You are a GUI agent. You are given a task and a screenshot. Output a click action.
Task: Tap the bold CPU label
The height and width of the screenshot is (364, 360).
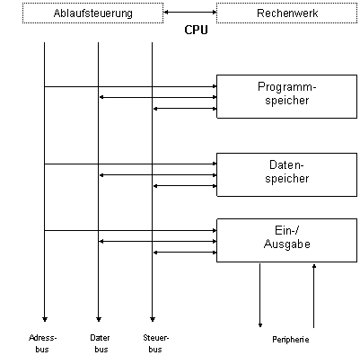coord(196,30)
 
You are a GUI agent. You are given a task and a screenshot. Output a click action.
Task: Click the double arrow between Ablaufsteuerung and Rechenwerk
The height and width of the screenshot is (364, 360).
coord(190,13)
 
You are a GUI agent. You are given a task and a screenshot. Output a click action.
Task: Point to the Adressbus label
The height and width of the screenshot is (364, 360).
coord(42,343)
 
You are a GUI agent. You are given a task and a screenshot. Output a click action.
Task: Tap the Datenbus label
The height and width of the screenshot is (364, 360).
coord(100,343)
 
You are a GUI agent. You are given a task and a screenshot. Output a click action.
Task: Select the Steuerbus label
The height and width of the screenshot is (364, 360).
coord(156,343)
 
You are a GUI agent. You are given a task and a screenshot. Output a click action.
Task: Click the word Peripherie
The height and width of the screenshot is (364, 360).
coord(291,340)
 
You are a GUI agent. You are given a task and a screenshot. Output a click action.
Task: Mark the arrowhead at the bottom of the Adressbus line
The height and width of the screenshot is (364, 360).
coord(45,319)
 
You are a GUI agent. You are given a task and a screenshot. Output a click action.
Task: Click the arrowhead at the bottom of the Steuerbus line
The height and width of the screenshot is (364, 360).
coord(153,319)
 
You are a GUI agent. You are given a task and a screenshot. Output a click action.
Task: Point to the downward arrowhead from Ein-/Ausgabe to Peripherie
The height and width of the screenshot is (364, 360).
coord(260,325)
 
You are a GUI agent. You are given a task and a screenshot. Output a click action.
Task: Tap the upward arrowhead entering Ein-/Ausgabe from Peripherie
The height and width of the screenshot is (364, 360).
coord(314,266)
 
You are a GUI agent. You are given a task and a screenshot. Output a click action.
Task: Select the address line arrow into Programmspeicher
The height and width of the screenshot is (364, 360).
coord(130,86)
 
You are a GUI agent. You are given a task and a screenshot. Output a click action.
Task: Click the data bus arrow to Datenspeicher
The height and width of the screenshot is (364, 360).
coord(158,175)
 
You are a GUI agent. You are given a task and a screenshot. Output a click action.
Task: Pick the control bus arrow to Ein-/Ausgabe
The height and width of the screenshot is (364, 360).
coord(185,253)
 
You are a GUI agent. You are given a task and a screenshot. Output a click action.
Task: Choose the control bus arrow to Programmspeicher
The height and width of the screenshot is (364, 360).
coord(185,109)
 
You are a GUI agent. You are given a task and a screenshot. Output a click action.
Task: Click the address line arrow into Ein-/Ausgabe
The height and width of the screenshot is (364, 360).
coord(130,230)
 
